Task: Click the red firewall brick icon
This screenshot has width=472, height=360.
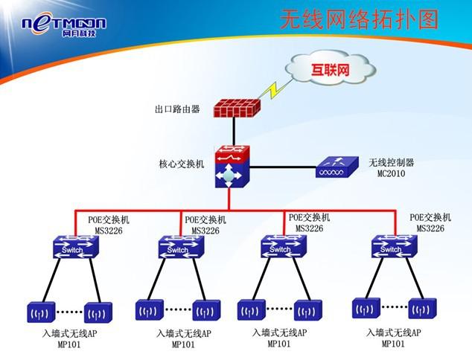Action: [x=235, y=109]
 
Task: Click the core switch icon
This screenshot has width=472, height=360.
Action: [x=231, y=167]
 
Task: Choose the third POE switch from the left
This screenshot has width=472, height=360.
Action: [x=281, y=248]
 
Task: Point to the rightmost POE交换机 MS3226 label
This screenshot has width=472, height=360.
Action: [x=430, y=223]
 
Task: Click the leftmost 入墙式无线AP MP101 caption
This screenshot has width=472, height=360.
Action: [x=69, y=339]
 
